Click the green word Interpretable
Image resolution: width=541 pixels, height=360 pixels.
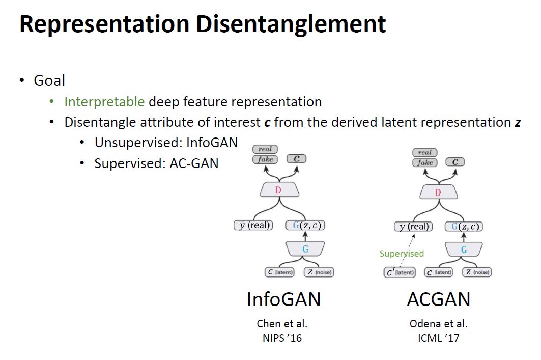point(104,102)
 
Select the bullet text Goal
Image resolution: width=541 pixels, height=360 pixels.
point(49,80)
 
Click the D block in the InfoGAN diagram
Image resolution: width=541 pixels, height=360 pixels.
point(278,190)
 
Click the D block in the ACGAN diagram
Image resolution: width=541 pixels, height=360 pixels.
point(438,192)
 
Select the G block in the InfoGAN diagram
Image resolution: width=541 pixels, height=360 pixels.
point(305,249)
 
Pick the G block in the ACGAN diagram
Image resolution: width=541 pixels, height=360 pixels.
point(464,250)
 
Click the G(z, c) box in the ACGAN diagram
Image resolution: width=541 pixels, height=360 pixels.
point(464,227)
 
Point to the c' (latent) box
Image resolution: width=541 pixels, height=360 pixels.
point(400,272)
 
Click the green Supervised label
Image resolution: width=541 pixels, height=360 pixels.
point(402,254)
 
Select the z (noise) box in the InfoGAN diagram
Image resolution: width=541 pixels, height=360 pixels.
point(319,272)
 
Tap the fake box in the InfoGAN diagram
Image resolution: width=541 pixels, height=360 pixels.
point(265,159)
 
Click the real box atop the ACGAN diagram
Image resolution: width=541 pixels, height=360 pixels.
point(425,152)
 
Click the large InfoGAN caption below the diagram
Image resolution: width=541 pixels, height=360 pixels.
point(283,299)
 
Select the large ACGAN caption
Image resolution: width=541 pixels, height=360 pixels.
point(438,299)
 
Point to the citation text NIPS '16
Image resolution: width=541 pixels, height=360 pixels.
point(283,338)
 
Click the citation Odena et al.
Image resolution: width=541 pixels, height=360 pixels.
point(438,324)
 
